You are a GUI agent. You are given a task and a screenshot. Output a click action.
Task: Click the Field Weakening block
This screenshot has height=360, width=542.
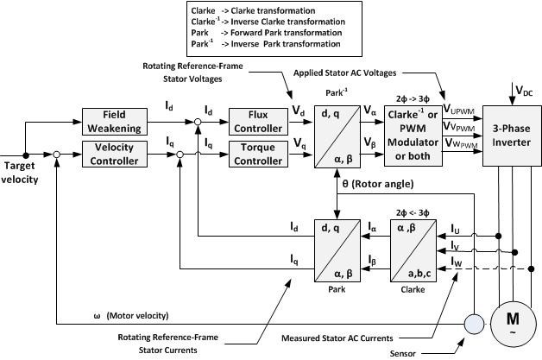115,122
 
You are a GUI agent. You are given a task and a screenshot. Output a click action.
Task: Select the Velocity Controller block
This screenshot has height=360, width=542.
115,154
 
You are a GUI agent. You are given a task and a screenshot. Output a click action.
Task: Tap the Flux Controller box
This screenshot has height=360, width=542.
255,122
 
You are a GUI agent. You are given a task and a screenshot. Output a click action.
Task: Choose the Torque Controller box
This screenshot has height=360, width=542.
255,154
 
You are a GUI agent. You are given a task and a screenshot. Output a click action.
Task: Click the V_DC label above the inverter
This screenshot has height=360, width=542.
522,91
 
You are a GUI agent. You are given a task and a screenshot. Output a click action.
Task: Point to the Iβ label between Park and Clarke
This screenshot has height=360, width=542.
373,260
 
